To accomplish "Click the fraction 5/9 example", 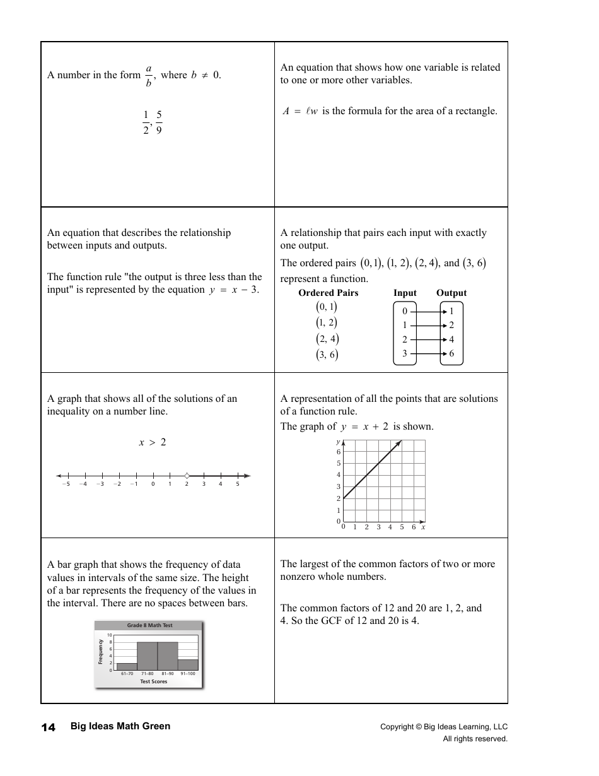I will click(159, 122).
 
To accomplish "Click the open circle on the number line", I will click(187, 476).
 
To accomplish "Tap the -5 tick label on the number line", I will click(66, 485).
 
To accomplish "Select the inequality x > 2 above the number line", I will click(153, 442).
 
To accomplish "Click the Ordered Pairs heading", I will click(328, 293).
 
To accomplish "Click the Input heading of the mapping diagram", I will click(405, 293).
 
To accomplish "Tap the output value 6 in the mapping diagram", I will click(451, 354).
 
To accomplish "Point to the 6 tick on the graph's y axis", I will click(339, 452).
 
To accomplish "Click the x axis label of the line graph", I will click(423, 527).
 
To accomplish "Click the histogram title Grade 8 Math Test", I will click(149, 625).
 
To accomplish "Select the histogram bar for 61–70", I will click(127, 666).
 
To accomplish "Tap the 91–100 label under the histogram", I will click(188, 674).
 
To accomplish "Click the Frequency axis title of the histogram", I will click(100, 652).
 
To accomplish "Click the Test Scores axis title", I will click(154, 681).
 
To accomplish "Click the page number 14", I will click(49, 727).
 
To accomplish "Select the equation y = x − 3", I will click(234, 290).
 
